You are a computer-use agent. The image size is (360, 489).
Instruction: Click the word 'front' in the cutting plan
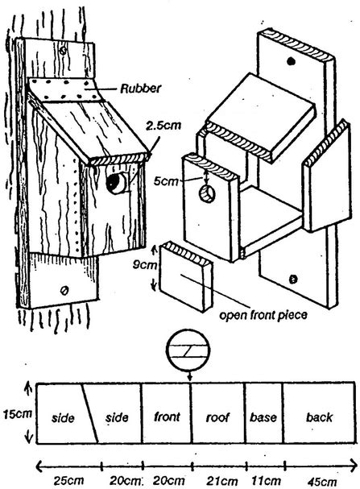point(166,418)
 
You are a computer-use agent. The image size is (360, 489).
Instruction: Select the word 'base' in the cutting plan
point(263,419)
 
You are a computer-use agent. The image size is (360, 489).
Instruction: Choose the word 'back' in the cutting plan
point(320,419)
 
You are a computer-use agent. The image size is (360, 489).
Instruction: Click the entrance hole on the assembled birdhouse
point(116,183)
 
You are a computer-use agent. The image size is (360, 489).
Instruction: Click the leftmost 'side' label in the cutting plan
point(62,419)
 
